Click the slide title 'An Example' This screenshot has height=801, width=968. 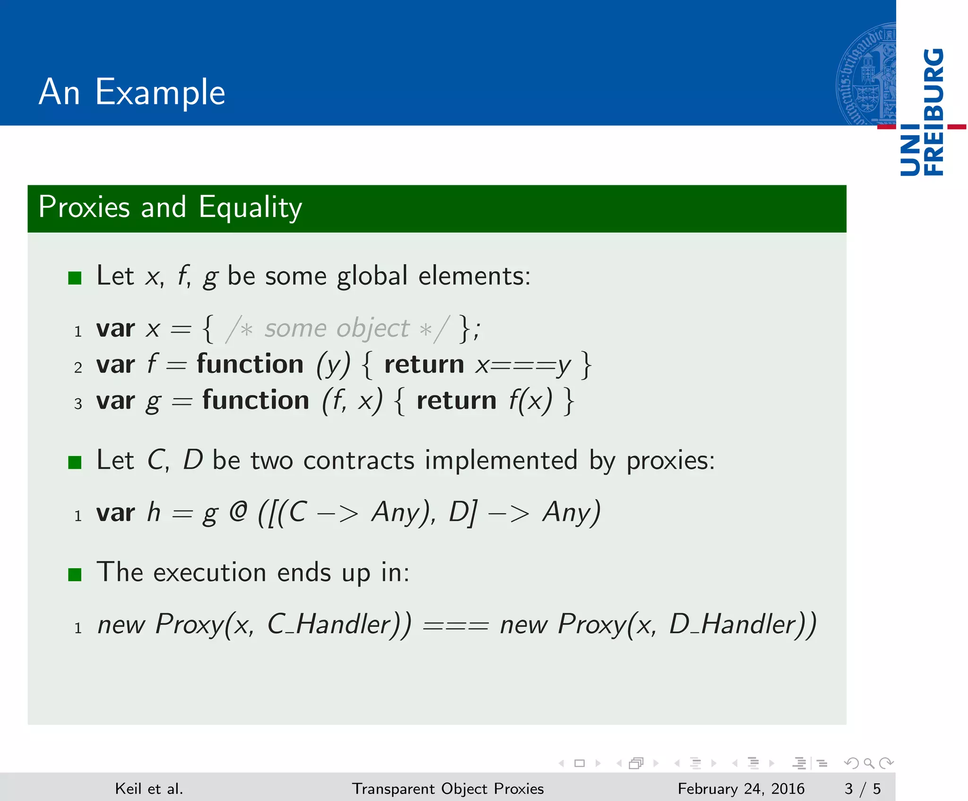pos(132,92)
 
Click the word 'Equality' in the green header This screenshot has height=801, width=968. pos(250,207)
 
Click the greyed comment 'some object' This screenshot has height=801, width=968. pos(337,328)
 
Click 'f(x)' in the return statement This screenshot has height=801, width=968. pos(530,401)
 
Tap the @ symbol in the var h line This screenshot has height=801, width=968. pos(238,512)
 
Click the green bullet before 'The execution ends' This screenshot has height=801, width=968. pos(75,575)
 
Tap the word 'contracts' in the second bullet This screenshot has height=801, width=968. pos(359,460)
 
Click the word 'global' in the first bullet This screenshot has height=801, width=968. pos(372,276)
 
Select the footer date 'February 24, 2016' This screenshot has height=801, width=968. pos(741,788)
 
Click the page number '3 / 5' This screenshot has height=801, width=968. pos(862,788)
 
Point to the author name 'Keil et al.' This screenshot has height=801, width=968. pos(149,788)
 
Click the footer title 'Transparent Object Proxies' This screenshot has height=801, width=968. pos(448,788)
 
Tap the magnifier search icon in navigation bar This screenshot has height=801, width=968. pos(869,763)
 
